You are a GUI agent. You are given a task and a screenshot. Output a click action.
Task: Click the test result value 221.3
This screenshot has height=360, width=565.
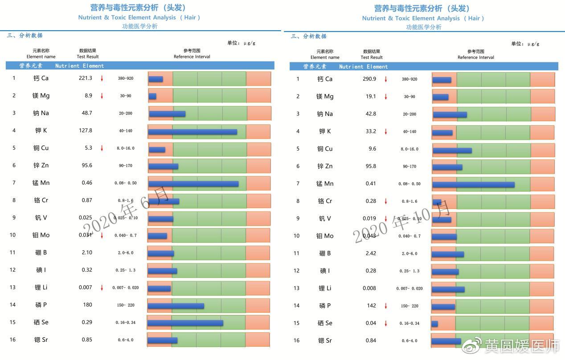pyautogui.click(x=85, y=78)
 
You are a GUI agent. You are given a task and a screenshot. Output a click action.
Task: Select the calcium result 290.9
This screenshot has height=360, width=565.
pyautogui.click(x=369, y=79)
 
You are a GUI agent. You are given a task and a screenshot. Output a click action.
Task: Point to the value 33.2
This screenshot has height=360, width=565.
pyautogui.click(x=371, y=131)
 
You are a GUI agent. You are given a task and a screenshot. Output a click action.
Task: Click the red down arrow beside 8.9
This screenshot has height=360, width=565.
pyautogui.click(x=102, y=96)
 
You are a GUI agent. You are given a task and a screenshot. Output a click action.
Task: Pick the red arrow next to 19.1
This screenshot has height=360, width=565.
pyautogui.click(x=386, y=97)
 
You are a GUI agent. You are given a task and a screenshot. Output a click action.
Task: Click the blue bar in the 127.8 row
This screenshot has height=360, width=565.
pyautogui.click(x=192, y=132)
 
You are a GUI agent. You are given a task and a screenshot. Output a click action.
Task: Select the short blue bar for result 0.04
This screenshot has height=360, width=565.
pyautogui.click(x=435, y=324)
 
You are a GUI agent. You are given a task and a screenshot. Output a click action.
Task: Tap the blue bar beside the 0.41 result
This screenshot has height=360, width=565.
pyautogui.click(x=473, y=184)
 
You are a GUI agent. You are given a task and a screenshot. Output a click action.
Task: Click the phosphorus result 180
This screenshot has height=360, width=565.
pyautogui.click(x=87, y=305)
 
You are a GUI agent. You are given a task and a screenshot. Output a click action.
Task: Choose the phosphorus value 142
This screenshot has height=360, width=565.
pyautogui.click(x=371, y=306)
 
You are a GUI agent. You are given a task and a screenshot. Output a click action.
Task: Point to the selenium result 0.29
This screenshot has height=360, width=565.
pyautogui.click(x=87, y=322)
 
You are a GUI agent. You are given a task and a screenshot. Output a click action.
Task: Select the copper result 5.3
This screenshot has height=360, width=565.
pyautogui.click(x=88, y=148)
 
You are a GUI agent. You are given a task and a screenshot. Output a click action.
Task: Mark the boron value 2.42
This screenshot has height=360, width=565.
pyautogui.click(x=371, y=253)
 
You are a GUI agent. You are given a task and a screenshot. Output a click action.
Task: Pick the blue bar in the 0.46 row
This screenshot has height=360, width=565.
pyautogui.click(x=193, y=184)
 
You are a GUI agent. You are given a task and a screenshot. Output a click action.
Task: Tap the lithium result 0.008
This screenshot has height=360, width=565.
pyautogui.click(x=369, y=288)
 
